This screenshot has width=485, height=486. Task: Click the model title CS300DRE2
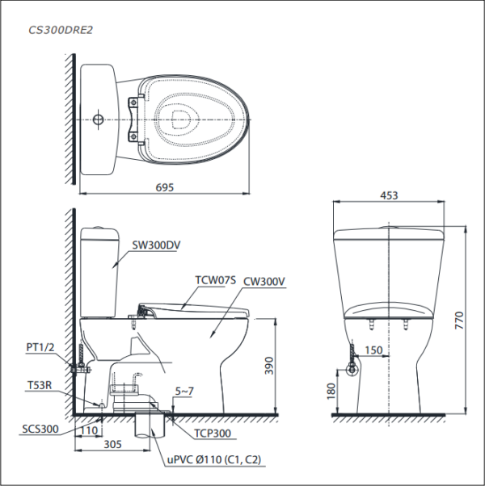coord(61,30)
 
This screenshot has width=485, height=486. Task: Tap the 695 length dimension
coord(164,187)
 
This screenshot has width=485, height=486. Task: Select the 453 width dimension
coord(389,195)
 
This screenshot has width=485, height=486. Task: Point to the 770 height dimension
coord(459,321)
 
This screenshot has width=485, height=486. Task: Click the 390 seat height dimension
coord(269,366)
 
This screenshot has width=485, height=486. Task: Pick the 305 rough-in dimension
coord(112,444)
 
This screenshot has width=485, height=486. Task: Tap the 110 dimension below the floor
coord(89,430)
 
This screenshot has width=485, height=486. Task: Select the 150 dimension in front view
coord(373,350)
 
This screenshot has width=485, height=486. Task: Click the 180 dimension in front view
coord(331,392)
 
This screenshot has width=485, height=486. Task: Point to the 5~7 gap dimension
coord(184,392)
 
